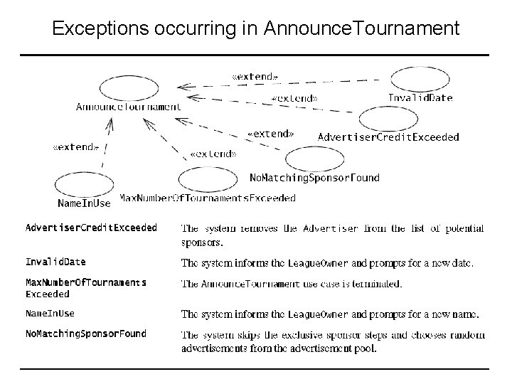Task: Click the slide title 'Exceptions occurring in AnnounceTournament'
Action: click(256, 28)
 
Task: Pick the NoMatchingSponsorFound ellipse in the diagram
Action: click(314, 159)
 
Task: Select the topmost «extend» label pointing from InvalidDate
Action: click(255, 75)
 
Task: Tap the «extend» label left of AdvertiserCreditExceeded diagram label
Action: click(270, 133)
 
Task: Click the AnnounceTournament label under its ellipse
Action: click(129, 107)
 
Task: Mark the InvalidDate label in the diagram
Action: click(420, 98)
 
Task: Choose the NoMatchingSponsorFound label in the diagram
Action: click(314, 177)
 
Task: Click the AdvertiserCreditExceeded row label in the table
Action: click(91, 228)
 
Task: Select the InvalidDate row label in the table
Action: click(55, 262)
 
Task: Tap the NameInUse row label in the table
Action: click(50, 313)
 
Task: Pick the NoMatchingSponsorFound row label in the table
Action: click(86, 334)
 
